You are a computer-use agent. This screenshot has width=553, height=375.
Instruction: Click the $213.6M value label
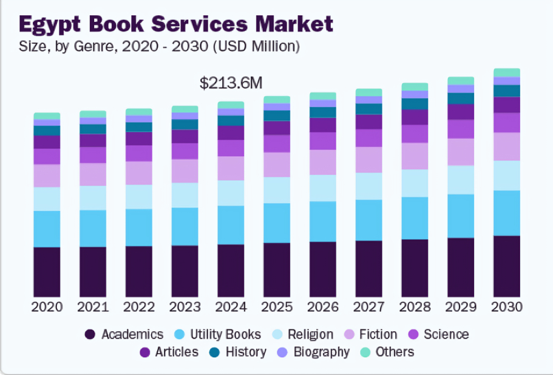[x=231, y=83]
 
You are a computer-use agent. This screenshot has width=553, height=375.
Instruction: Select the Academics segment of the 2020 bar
[x=47, y=271]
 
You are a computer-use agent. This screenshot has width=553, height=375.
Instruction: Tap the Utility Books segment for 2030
[x=507, y=213]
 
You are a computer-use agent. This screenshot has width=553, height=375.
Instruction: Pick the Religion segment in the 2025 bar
[x=277, y=190]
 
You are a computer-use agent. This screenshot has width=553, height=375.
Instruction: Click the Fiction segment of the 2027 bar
[x=369, y=159]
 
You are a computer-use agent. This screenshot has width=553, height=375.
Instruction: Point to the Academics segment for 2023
[x=185, y=270]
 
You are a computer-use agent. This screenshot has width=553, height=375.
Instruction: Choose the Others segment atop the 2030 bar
[x=507, y=72]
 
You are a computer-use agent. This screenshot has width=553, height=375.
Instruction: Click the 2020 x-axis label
[x=47, y=307]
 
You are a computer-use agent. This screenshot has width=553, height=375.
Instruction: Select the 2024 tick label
[x=231, y=307]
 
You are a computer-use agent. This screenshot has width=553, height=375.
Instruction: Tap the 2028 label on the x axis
[x=415, y=307]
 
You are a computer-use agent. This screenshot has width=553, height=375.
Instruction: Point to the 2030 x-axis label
[x=507, y=307]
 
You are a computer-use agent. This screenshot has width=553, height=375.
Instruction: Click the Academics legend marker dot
[x=90, y=334]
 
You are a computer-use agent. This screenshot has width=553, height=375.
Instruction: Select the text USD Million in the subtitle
[x=262, y=46]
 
